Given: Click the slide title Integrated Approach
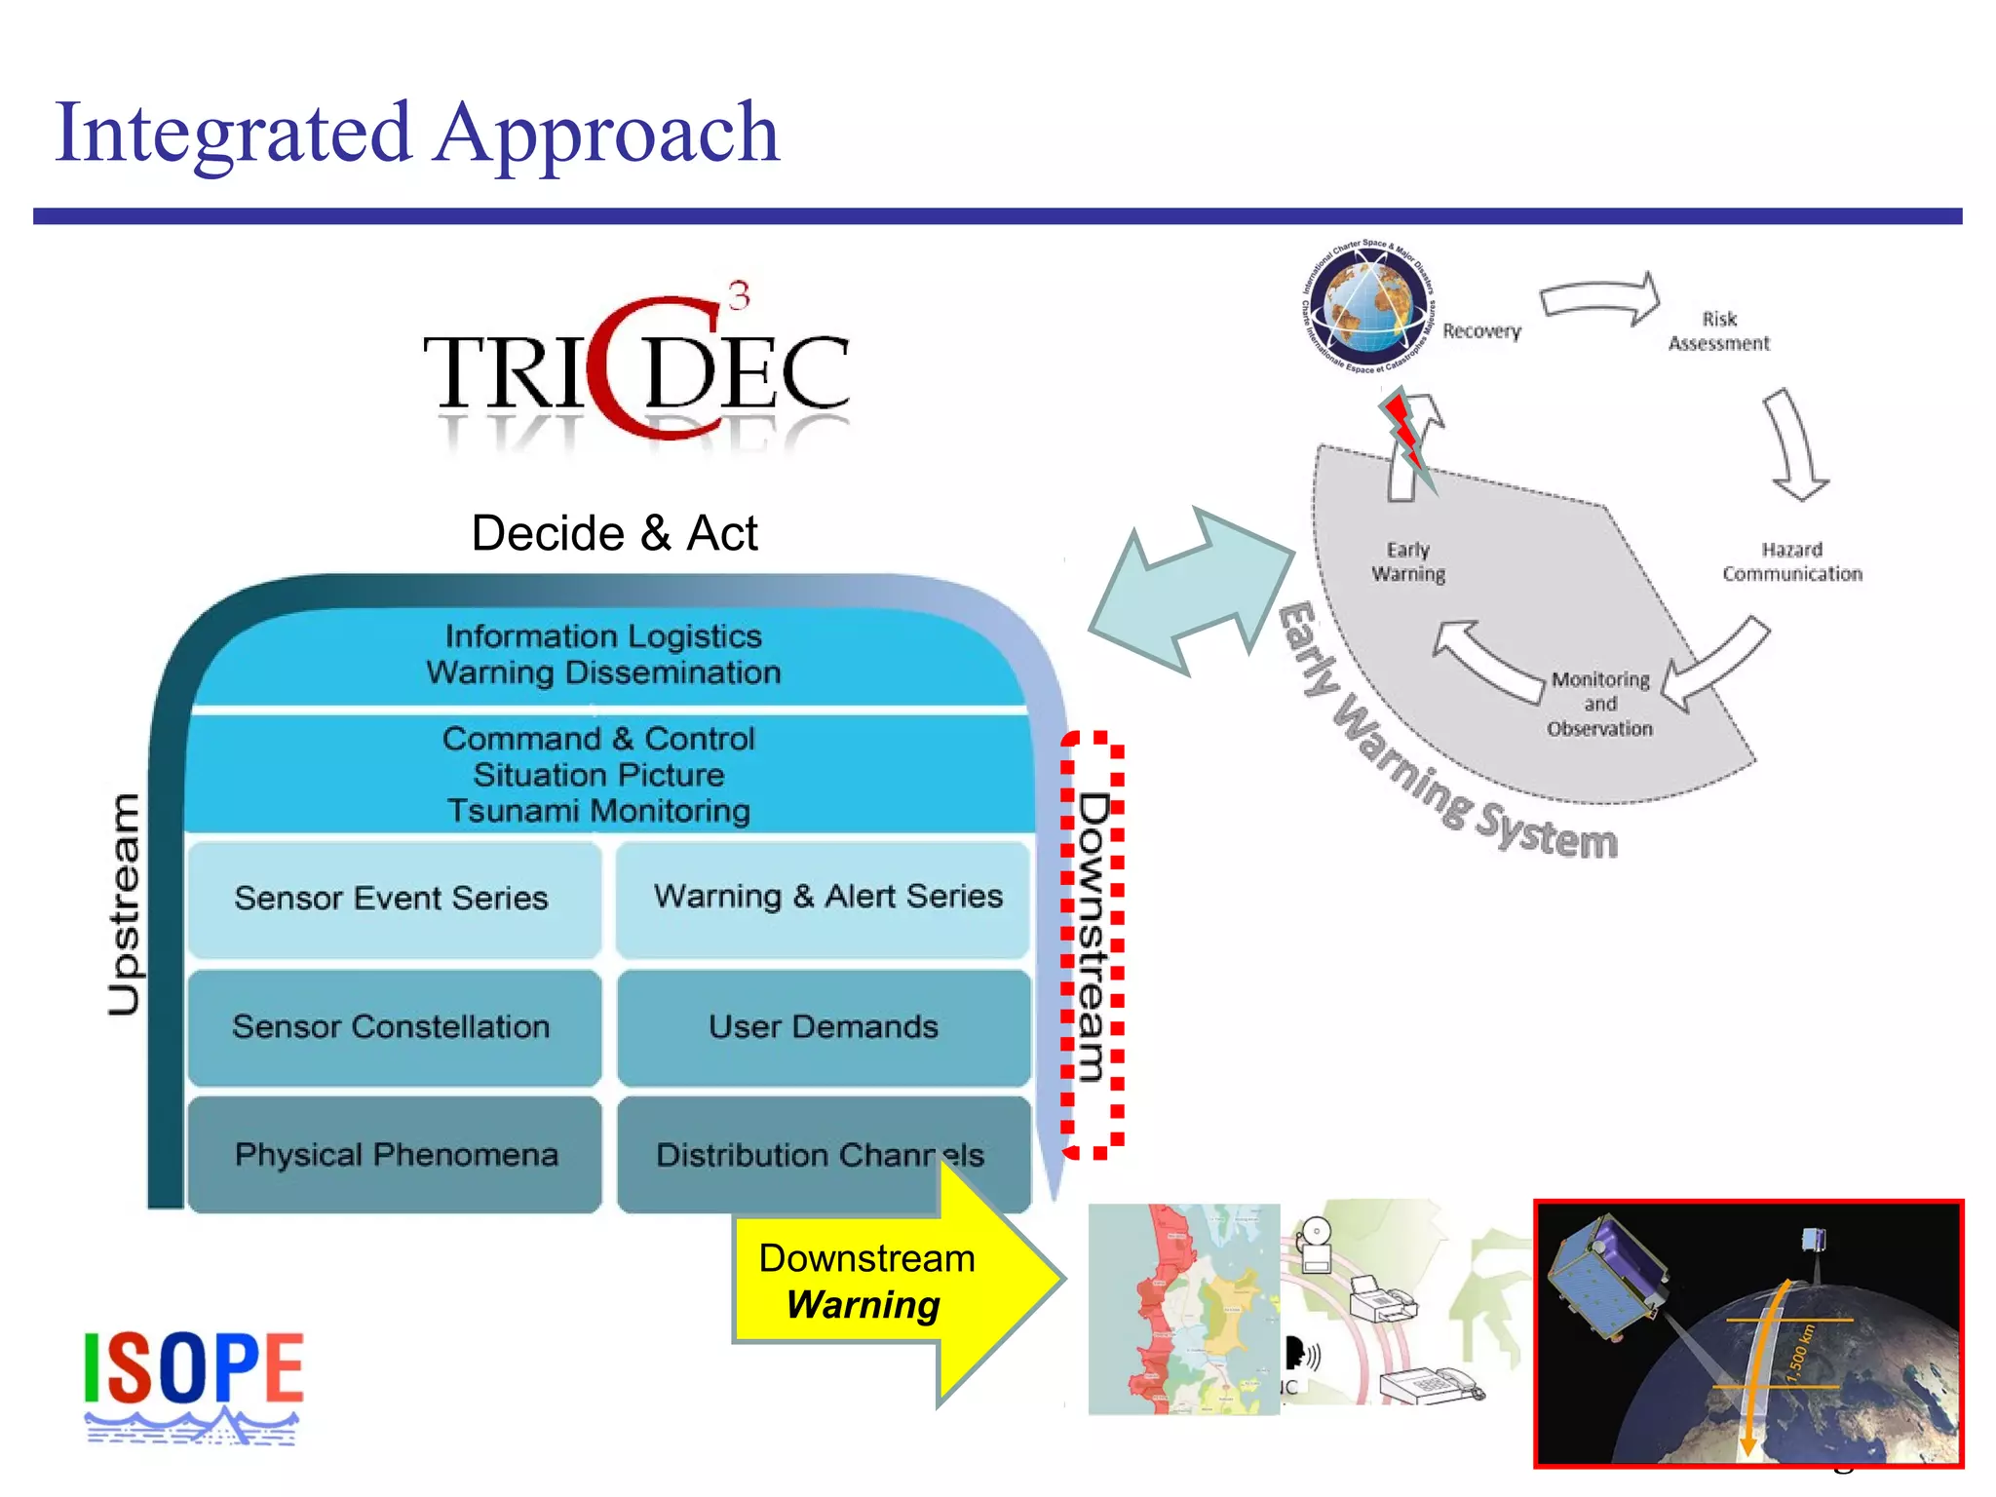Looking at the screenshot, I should (x=417, y=134).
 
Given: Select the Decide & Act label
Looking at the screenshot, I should (x=614, y=533).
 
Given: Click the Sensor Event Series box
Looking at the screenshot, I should (x=393, y=898).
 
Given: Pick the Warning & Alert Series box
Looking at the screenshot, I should (x=826, y=896).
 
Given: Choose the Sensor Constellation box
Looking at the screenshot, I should (x=393, y=1026).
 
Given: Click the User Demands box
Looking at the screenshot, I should (x=824, y=1026).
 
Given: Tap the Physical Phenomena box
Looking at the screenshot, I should (x=395, y=1155).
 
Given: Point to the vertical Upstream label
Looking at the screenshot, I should (x=124, y=904).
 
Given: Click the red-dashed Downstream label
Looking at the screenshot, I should (x=1094, y=940).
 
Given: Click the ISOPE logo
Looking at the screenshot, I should (x=193, y=1384).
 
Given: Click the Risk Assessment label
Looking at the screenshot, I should (x=1718, y=331).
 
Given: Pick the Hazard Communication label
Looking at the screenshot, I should (x=1791, y=562).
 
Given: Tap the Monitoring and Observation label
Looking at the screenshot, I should (x=1599, y=704).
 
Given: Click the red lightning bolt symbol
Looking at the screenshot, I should (x=1406, y=437).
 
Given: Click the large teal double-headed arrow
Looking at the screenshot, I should (x=1191, y=592).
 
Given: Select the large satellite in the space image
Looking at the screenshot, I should (x=1608, y=1277).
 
